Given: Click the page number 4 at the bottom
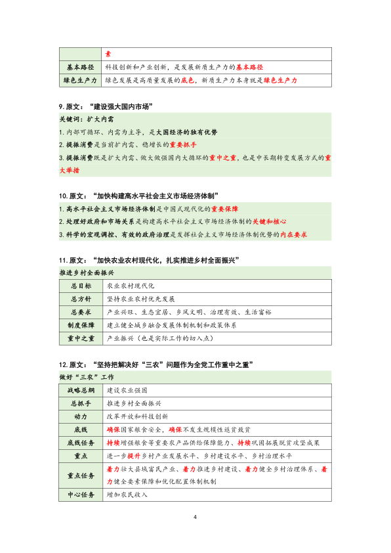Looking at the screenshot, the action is point(195,518).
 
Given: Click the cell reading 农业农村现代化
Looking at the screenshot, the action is point(131,286).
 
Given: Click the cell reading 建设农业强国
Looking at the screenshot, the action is point(127,390).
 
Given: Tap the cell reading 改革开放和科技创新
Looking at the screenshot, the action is point(136,416).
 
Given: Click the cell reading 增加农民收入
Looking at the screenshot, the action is point(127,495).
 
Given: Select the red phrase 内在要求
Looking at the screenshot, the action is point(294,234).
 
